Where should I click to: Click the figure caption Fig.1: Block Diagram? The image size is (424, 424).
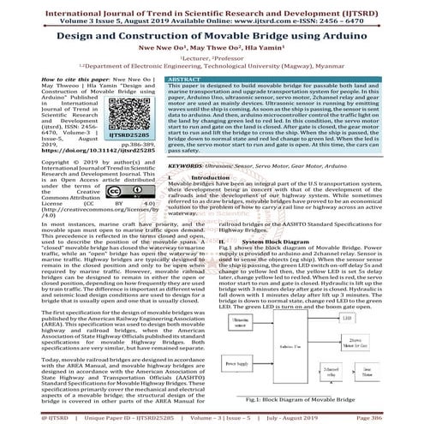316,399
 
